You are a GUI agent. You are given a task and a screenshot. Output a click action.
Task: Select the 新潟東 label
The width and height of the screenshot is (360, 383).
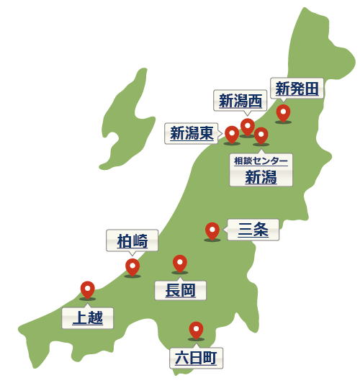click(x=192, y=133)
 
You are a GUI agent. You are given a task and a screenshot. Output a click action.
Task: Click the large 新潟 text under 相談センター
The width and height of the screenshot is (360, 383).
click(x=261, y=177)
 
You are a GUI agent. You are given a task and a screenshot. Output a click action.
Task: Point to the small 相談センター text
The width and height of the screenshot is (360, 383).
click(x=261, y=161)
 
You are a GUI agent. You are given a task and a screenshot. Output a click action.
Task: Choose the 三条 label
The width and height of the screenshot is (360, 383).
click(x=253, y=230)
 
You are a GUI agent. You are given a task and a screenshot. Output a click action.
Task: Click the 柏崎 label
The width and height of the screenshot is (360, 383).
click(x=132, y=241)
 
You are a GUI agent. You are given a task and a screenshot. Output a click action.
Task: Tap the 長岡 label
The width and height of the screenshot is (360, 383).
click(x=181, y=291)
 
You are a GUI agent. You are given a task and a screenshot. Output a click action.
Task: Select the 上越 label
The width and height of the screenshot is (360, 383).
click(x=88, y=317)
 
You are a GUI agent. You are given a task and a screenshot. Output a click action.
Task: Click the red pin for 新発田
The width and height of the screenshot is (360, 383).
click(x=283, y=113)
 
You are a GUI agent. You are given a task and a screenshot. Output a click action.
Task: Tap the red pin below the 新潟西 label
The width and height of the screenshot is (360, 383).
click(x=248, y=127)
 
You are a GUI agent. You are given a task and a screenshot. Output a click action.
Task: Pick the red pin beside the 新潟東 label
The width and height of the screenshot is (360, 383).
click(x=232, y=134)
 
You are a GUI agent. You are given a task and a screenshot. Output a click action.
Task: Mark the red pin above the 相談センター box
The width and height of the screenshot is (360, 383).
click(x=261, y=135)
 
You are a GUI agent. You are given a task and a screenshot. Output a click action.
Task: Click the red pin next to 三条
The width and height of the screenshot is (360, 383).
click(x=212, y=230)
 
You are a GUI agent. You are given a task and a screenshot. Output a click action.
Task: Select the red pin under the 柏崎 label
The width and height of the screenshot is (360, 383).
click(x=132, y=267)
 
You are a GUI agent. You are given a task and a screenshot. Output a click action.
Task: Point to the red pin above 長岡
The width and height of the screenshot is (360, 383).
click(x=179, y=263)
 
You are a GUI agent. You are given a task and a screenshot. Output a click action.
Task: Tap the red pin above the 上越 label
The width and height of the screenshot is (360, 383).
click(x=88, y=289)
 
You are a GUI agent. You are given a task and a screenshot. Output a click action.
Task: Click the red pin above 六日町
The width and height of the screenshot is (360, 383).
click(x=195, y=330)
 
